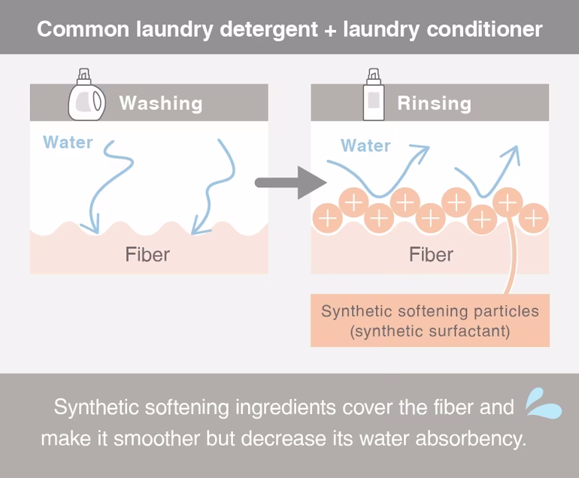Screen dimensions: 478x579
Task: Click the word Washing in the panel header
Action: tap(160, 103)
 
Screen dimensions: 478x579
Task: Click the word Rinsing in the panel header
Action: tap(434, 103)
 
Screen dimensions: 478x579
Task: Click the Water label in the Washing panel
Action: tap(68, 142)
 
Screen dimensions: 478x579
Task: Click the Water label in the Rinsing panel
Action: tap(365, 145)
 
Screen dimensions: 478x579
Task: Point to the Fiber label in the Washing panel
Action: tap(147, 254)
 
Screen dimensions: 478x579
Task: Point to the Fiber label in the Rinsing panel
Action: tap(431, 254)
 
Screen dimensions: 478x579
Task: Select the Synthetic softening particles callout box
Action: tap(429, 320)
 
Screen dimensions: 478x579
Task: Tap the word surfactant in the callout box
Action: tap(465, 331)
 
